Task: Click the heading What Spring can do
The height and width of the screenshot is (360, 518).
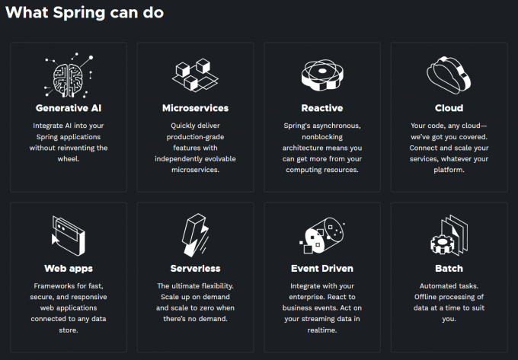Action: click(x=85, y=12)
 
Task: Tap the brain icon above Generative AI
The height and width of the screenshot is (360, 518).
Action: click(x=69, y=75)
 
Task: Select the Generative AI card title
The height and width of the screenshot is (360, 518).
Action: click(x=69, y=108)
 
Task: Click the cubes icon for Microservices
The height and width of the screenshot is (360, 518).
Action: click(x=195, y=75)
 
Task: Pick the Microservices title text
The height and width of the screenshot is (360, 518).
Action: click(x=195, y=108)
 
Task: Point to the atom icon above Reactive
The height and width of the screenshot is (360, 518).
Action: click(x=322, y=75)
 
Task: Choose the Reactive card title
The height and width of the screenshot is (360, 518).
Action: click(x=322, y=108)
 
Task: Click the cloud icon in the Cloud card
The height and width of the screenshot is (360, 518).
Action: click(x=449, y=75)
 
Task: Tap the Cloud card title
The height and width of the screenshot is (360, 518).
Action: click(x=449, y=108)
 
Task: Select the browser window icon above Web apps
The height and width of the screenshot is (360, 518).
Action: click(x=69, y=236)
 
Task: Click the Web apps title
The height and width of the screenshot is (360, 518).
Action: click(x=69, y=268)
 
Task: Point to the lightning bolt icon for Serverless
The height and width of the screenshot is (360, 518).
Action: click(x=195, y=235)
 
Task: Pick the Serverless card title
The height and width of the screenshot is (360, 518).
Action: click(x=195, y=268)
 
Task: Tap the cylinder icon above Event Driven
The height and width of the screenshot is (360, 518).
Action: click(x=322, y=235)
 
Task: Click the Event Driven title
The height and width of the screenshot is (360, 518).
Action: click(x=322, y=268)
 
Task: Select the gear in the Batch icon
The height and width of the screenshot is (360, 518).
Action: click(x=443, y=244)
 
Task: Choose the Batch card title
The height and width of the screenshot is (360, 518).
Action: click(x=449, y=268)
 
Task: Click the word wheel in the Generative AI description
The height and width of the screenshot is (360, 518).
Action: click(x=69, y=159)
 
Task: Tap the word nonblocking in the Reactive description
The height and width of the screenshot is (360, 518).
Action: click(x=322, y=137)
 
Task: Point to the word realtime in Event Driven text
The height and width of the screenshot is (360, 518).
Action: click(x=322, y=330)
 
